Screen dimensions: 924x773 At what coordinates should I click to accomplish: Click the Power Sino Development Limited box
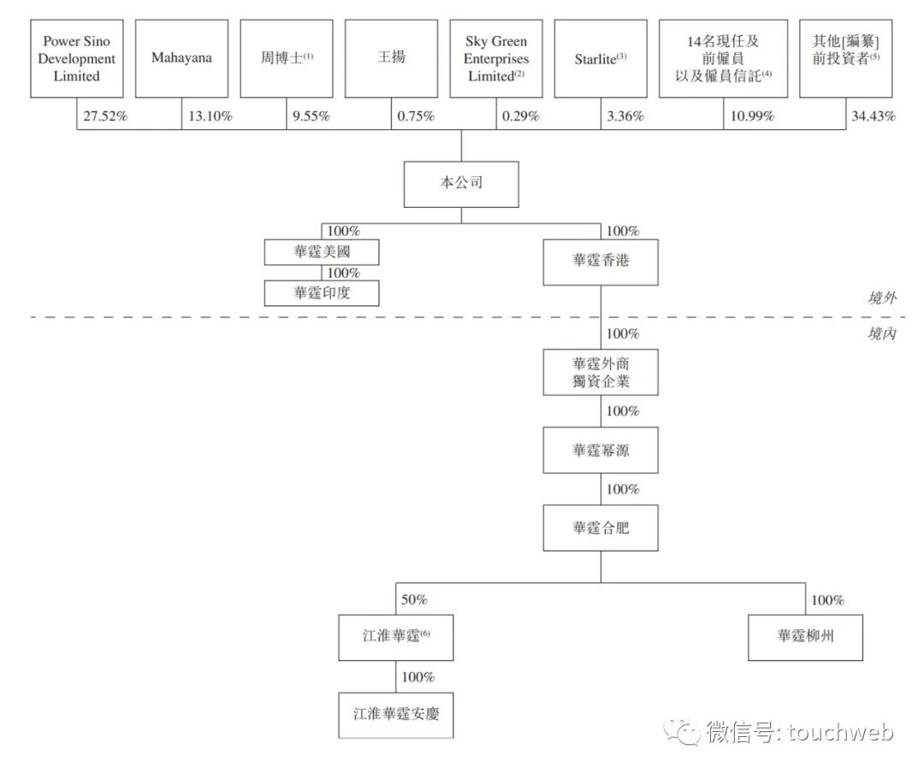point(77,58)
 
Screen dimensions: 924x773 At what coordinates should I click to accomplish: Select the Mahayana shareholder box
point(181,58)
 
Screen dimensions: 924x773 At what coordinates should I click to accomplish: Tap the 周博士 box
point(287,58)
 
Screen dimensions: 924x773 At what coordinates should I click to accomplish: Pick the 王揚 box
point(391,58)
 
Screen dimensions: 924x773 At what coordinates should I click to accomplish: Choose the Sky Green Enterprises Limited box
point(496,58)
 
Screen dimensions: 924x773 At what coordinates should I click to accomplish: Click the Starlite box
point(601,58)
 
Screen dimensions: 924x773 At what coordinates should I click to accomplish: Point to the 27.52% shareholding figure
point(105,115)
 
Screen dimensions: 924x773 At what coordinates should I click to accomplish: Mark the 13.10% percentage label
point(210,115)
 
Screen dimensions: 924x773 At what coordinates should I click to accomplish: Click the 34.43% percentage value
point(874,115)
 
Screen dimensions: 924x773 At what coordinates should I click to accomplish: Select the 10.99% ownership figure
point(752,115)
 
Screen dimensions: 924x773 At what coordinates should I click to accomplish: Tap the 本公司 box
point(461,185)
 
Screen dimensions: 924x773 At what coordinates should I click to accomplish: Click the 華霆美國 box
point(322,252)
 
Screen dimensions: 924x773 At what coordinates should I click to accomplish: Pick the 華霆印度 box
point(322,293)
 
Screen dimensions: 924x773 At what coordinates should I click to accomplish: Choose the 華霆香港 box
point(601,263)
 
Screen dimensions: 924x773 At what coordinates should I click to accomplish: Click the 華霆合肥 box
point(601,528)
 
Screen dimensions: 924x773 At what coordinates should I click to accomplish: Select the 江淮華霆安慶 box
point(396,715)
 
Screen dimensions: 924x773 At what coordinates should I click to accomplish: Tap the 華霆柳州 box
point(806,638)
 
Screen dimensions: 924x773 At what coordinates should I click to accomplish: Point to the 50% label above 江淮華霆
point(414,599)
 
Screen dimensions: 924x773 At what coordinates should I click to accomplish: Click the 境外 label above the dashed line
point(882,298)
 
